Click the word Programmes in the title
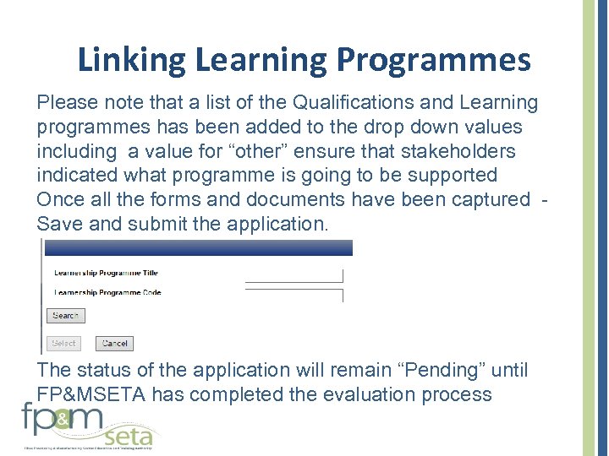tap(434, 61)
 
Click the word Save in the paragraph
tap(58, 224)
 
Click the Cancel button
tap(114, 344)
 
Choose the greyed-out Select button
tap(63, 344)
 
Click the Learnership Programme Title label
tap(106, 273)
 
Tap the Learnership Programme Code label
tap(107, 293)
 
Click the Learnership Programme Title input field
tap(294, 275)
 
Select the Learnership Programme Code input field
tap(294, 295)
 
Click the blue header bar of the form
tap(198, 247)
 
